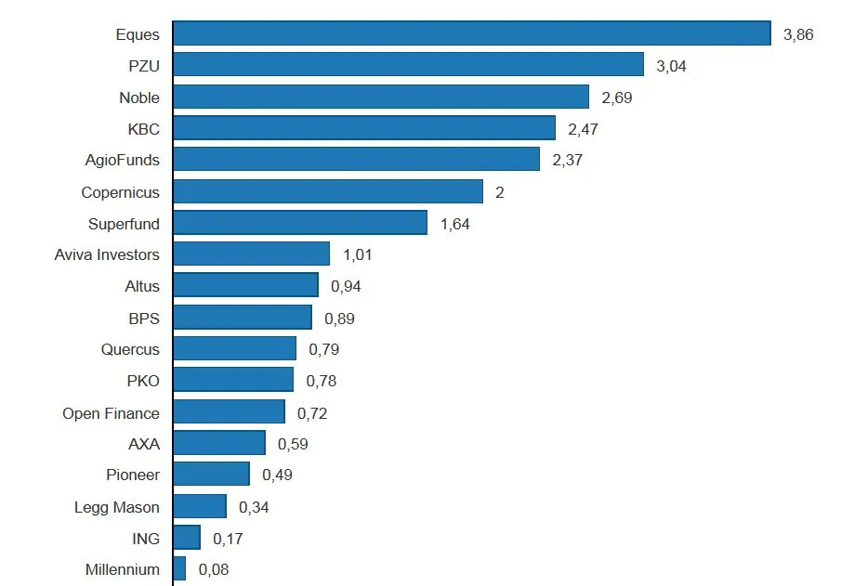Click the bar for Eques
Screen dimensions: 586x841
(471, 33)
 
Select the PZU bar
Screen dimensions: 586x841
(408, 65)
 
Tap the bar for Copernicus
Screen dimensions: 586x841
(327, 191)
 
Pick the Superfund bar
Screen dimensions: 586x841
(299, 223)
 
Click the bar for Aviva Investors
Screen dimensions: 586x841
(251, 254)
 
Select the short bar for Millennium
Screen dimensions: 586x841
(179, 568)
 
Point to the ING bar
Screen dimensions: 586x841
(187, 538)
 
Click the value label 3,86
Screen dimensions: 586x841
(798, 34)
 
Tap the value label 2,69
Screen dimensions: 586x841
(617, 98)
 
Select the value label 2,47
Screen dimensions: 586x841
(583, 129)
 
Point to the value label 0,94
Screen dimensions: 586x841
(346, 286)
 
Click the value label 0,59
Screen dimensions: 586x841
(293, 444)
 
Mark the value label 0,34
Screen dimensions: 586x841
(254, 507)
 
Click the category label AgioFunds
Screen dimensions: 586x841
(122, 160)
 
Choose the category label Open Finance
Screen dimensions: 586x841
(111, 413)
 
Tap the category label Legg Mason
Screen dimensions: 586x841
(116, 507)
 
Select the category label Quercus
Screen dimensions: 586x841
(130, 349)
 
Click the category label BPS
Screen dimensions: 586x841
(144, 318)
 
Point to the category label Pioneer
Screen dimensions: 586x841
(133, 475)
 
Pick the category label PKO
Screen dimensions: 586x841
(143, 381)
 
